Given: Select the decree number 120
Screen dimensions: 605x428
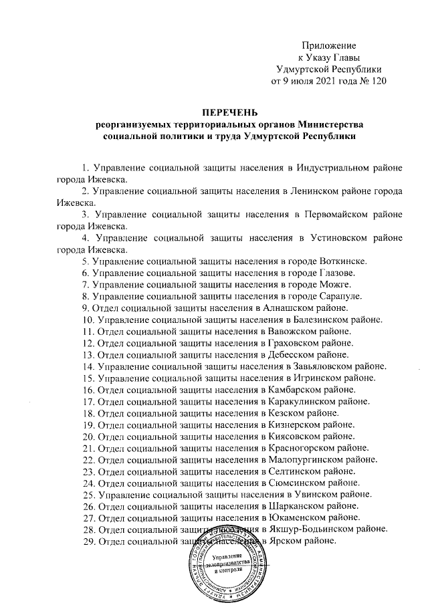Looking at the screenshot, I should (x=376, y=82).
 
